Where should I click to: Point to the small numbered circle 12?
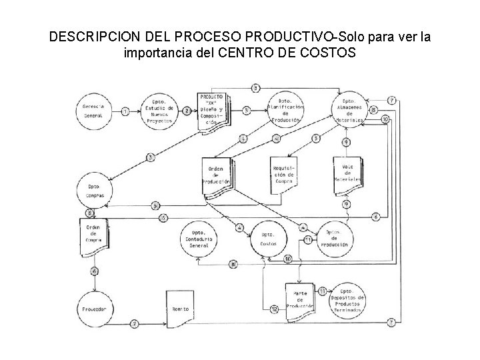[x=275, y=309]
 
